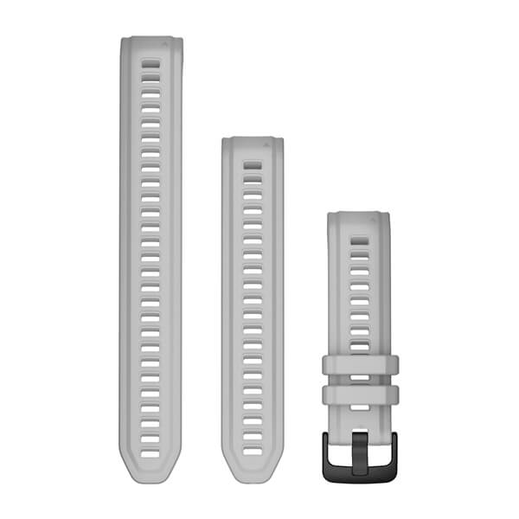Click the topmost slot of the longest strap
tap(151, 64)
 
